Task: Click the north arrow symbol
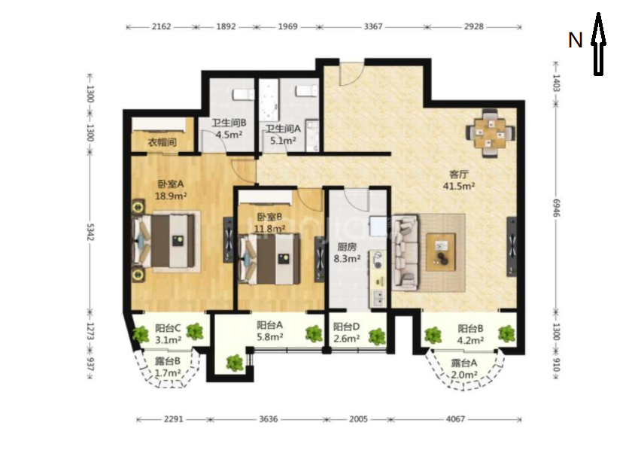point(599,44)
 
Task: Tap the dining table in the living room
point(490,133)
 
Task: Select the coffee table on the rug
point(441,252)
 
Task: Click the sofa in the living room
point(406,252)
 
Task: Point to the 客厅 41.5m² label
point(459,181)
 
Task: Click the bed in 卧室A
point(167,241)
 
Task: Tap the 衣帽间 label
point(162,142)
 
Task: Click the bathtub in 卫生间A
point(269,100)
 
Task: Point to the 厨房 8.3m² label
point(347,253)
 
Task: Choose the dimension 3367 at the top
point(373,26)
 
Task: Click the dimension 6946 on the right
point(556,207)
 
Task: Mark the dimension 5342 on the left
point(90,232)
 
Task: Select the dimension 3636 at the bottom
point(268,419)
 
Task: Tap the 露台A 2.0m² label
point(464,369)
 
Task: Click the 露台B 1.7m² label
point(168,367)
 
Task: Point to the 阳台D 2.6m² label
point(347,333)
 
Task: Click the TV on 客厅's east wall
point(512,247)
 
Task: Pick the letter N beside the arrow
point(575,41)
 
